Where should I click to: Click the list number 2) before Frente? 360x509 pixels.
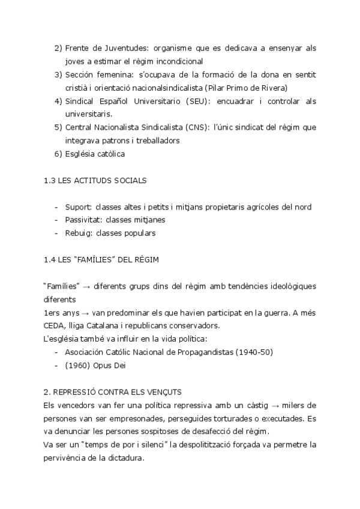[58, 47]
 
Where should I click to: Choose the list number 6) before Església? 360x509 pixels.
[58, 154]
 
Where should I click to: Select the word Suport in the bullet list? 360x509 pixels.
[77, 207]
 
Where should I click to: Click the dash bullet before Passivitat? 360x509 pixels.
[56, 220]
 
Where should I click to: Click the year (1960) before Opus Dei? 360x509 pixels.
[77, 364]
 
